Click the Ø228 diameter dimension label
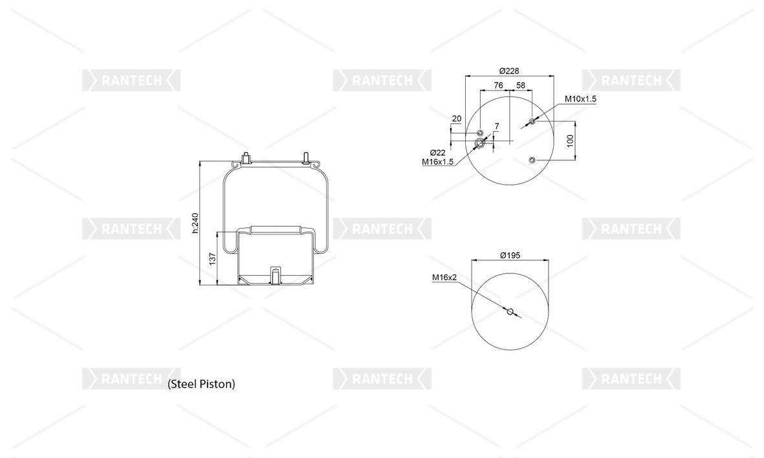point(509,71)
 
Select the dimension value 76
point(499,85)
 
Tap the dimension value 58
point(521,85)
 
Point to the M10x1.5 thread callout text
point(580,99)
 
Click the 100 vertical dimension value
point(571,141)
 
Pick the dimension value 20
point(457,118)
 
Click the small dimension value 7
point(496,127)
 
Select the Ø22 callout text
point(437,153)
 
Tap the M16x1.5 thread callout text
point(437,162)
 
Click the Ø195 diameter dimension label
point(510,255)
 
